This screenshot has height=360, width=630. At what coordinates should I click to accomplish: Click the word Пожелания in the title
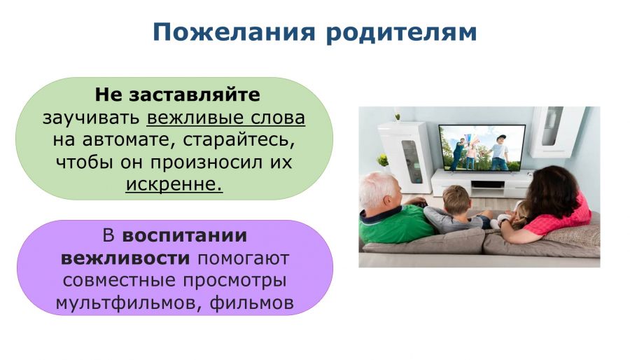coord(234,33)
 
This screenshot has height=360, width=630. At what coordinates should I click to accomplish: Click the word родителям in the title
coord(401,33)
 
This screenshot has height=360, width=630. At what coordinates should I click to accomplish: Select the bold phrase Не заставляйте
coord(177,95)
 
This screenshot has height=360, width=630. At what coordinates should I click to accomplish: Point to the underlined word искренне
coord(174,184)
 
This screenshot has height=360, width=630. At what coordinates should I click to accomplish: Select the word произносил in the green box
coord(206,162)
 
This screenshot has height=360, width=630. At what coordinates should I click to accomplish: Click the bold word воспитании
coord(184,236)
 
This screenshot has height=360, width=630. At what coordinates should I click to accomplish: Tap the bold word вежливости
coord(125,258)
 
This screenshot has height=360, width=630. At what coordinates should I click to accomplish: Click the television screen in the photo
coord(482,148)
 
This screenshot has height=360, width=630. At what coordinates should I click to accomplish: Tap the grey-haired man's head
coord(379,191)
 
